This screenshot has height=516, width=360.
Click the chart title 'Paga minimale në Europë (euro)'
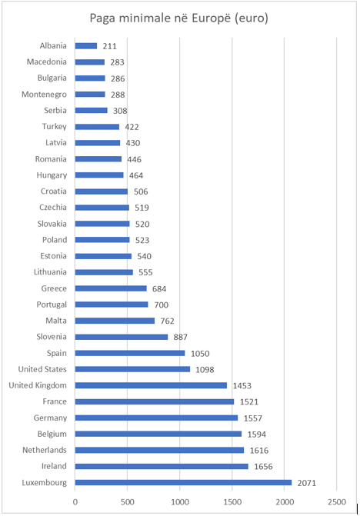[179, 18]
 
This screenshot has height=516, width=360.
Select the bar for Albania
[86, 45]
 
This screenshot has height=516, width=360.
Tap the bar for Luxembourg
[183, 482]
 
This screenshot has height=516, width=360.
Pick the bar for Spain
[130, 353]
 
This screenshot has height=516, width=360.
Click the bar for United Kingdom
[151, 385]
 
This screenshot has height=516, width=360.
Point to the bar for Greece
[111, 288]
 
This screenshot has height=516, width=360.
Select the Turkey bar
[97, 127]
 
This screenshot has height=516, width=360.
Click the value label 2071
[307, 483]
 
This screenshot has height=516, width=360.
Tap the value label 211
[109, 46]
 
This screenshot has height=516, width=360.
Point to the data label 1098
[205, 370]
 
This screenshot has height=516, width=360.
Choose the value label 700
[162, 305]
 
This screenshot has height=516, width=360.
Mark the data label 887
[180, 337]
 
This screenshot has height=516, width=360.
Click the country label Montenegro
[44, 95]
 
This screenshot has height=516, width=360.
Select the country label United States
[42, 369]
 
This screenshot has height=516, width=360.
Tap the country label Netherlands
[45, 450]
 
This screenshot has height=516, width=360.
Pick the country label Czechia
[53, 208]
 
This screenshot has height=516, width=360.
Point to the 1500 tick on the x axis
[232, 502]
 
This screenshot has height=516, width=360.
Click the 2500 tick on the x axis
[337, 502]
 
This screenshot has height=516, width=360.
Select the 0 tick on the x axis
[75, 502]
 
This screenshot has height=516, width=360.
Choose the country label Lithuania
[50, 272]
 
